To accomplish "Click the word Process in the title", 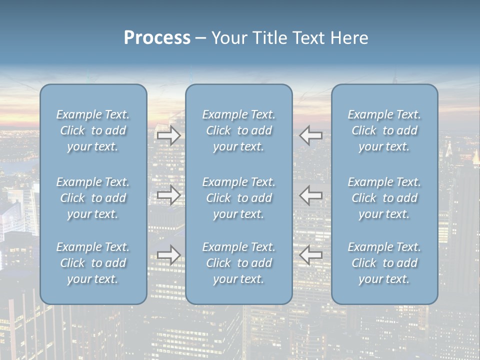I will [157, 38].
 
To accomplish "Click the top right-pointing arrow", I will [168, 135].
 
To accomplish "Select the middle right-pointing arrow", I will [168, 195].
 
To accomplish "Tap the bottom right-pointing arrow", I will [168, 254].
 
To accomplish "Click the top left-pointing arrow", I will [311, 135].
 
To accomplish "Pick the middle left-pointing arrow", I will [311, 195].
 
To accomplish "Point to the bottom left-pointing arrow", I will [311, 254].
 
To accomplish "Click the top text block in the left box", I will [93, 130].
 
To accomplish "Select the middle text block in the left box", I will [93, 198].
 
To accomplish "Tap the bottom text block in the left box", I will [93, 263].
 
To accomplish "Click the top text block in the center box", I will [239, 130].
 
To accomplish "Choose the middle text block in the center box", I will [239, 198].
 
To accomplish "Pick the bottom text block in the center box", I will [239, 263].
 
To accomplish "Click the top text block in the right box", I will [384, 130].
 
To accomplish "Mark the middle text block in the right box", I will [384, 198].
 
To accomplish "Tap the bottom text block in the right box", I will [384, 263].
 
